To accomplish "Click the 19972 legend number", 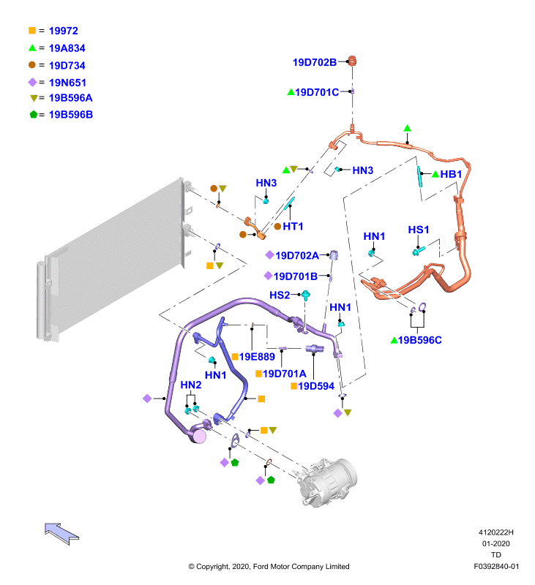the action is click(64, 31).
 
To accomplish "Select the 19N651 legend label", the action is click(67, 83).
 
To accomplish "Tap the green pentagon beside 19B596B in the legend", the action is click(34, 115).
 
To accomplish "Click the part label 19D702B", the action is click(315, 62).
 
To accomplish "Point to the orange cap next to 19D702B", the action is click(352, 61).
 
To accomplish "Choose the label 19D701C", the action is click(317, 92).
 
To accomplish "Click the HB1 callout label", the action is click(451, 174).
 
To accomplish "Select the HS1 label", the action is click(418, 230).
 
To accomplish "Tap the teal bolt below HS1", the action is click(419, 251).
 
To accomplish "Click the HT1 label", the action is click(293, 227).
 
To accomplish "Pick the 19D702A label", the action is click(297, 255).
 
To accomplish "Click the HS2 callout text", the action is click(280, 295).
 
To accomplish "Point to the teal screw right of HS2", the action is click(306, 295).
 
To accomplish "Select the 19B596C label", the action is click(419, 340).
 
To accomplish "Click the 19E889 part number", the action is click(257, 357).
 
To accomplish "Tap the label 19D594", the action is click(316, 386).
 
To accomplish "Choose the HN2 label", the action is click(191, 385).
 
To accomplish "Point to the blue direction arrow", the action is click(61, 534).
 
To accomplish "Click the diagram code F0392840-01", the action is click(496, 566).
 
